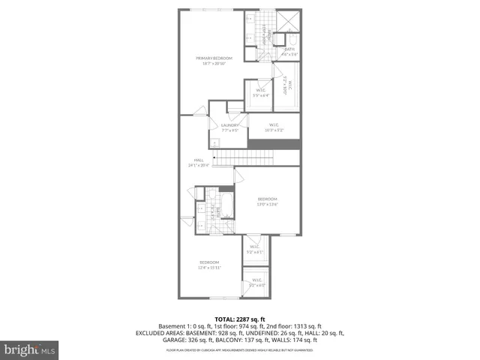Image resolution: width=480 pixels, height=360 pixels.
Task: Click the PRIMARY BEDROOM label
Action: (x=214, y=58)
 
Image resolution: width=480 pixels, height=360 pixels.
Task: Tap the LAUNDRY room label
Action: (x=229, y=125)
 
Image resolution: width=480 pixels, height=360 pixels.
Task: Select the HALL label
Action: (x=199, y=160)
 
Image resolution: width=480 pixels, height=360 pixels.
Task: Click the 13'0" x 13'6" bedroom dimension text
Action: (x=268, y=204)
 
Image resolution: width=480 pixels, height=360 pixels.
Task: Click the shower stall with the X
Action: (x=287, y=21)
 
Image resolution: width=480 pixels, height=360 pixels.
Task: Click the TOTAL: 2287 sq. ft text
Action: (x=240, y=319)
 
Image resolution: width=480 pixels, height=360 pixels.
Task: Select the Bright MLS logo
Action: (x=30, y=349)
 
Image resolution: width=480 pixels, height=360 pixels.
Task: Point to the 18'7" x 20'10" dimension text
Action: (x=214, y=63)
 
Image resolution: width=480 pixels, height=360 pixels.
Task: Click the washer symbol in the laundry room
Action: (x=214, y=142)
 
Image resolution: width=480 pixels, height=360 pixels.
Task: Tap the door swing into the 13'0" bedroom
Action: (x=239, y=176)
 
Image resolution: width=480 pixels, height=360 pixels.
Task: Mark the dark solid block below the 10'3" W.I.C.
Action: (x=274, y=144)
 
